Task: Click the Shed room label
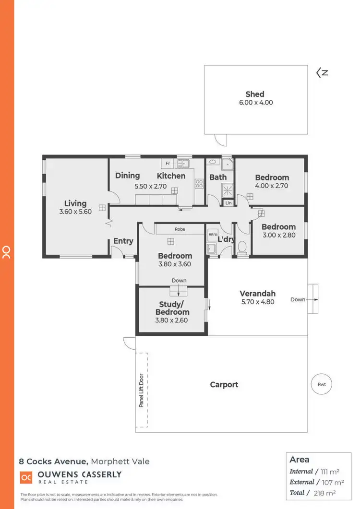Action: point(255,94)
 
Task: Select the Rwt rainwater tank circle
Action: point(322,384)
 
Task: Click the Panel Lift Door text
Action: point(142,390)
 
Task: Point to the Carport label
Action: point(224,384)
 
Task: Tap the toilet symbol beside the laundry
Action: point(242,247)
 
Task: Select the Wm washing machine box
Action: point(213,235)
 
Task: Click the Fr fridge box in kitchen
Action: point(167,164)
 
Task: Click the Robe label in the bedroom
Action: point(180,229)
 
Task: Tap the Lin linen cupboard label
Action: point(228,203)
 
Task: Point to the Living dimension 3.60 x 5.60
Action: point(75,212)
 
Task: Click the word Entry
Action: point(123,241)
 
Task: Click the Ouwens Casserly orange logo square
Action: point(26,477)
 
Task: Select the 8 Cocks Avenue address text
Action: point(53,462)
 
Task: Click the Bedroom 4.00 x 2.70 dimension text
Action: point(272,186)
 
